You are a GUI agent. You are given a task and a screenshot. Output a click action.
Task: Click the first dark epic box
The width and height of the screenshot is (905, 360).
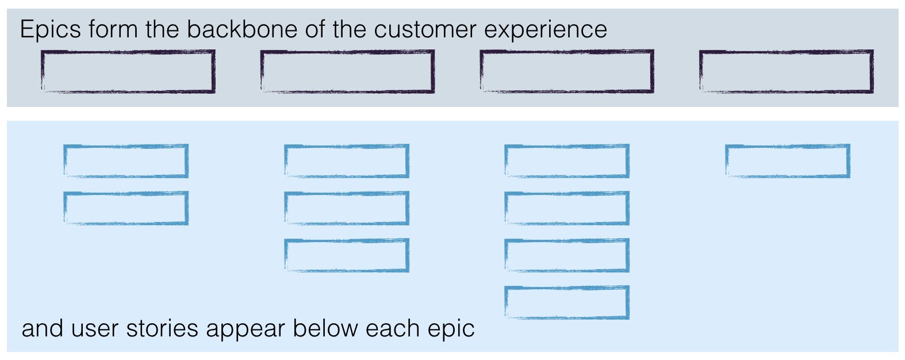(x=128, y=71)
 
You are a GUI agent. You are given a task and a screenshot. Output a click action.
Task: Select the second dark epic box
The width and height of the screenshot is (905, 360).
(x=347, y=71)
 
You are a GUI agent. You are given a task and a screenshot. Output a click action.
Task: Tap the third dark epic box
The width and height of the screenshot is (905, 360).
(x=567, y=71)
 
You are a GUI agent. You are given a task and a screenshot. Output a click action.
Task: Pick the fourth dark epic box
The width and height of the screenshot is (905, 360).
(x=787, y=71)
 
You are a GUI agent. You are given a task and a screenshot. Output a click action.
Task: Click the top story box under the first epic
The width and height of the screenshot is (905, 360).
(x=126, y=160)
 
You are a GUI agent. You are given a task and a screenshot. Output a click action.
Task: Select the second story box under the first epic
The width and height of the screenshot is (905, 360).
(x=126, y=208)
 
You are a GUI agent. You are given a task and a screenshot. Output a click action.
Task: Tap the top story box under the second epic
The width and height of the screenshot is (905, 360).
(x=347, y=160)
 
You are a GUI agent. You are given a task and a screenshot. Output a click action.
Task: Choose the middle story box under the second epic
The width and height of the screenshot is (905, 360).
(x=347, y=208)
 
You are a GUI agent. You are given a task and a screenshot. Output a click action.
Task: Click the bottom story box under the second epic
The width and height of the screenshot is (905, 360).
(x=347, y=255)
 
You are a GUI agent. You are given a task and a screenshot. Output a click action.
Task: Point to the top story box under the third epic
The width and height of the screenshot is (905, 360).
(x=567, y=160)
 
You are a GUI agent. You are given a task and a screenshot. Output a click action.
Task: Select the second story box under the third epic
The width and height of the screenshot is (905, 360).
(x=567, y=208)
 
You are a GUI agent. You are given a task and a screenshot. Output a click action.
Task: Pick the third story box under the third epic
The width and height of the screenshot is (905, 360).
(x=567, y=255)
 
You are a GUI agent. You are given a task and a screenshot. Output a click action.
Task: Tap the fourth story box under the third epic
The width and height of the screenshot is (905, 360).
(x=567, y=302)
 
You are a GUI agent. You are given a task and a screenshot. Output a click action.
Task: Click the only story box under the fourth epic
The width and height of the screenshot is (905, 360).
(x=788, y=160)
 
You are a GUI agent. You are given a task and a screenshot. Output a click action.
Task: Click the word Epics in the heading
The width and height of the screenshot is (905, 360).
(x=51, y=30)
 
